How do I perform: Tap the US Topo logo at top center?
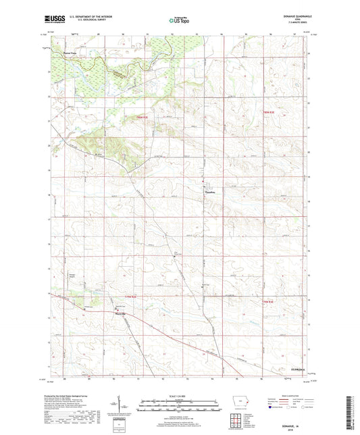[180, 21]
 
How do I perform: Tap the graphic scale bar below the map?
[180, 407]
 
